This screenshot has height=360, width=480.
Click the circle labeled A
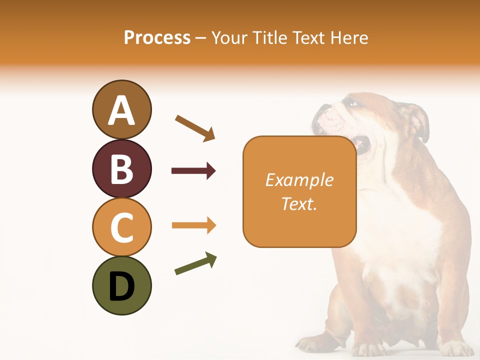[x=121, y=109]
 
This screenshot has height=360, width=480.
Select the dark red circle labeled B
[x=121, y=168]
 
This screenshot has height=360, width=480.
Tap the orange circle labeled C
[x=121, y=226]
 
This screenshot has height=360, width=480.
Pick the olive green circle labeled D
[x=121, y=285]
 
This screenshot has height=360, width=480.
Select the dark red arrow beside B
[x=193, y=171]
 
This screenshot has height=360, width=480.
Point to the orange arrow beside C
[x=193, y=225]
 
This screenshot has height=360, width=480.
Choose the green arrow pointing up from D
[x=195, y=264]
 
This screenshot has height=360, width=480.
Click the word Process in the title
[x=157, y=37]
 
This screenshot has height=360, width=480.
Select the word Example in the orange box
[x=299, y=180]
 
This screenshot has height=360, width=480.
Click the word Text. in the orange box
[x=299, y=203]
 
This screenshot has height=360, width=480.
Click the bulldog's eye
[x=353, y=103]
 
